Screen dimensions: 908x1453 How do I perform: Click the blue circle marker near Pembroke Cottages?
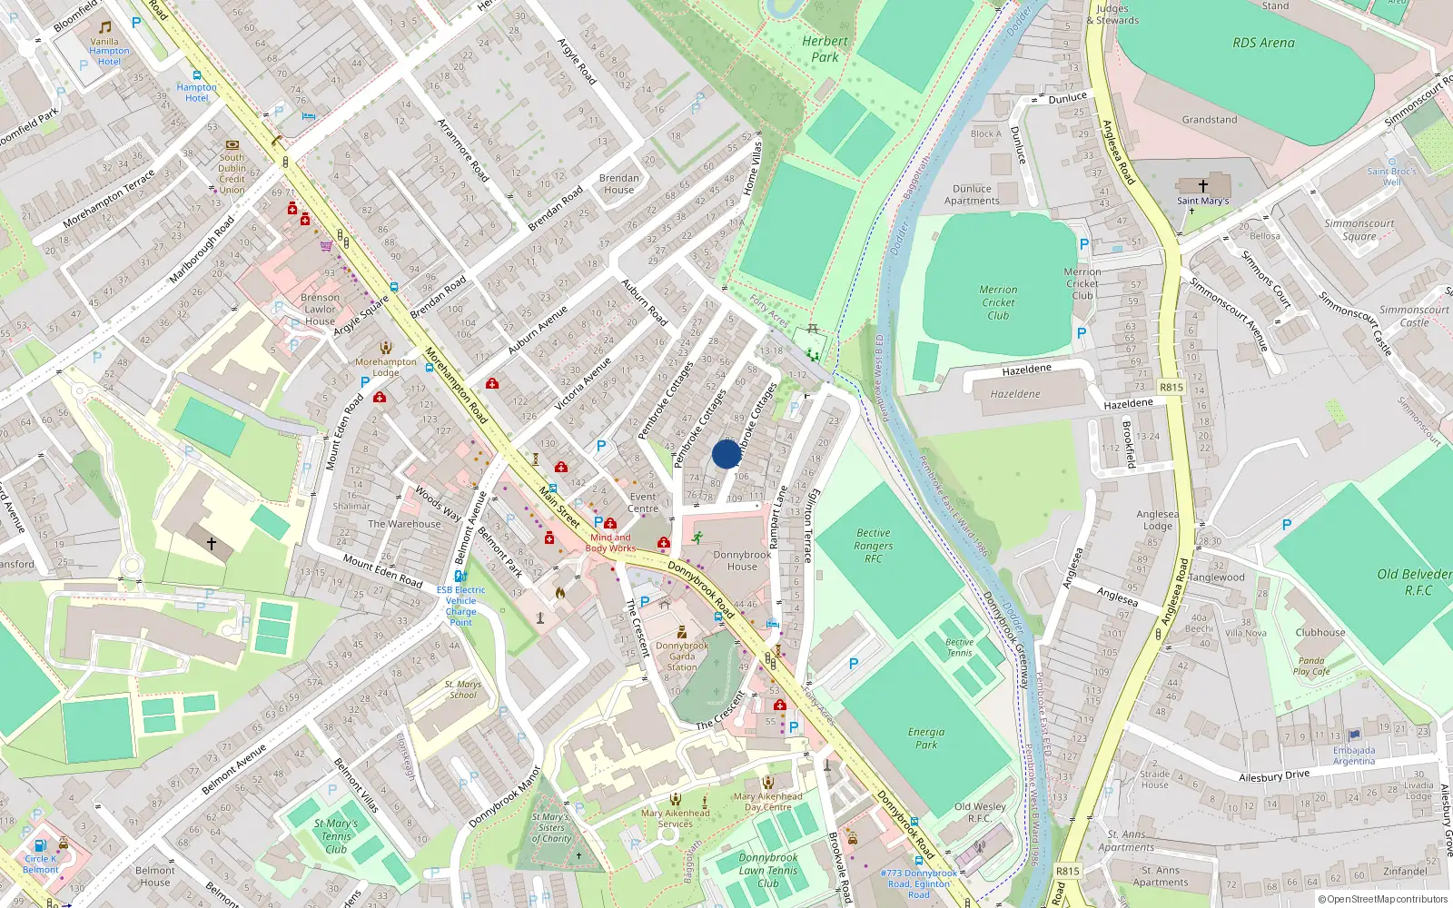tap(726, 454)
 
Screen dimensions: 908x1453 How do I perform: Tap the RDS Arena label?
tap(1263, 43)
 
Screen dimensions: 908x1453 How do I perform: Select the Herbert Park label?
tap(825, 49)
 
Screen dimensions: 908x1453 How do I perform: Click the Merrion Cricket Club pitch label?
tap(998, 302)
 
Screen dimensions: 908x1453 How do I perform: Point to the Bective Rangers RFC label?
tap(873, 546)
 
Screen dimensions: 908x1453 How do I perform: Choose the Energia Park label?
tap(925, 738)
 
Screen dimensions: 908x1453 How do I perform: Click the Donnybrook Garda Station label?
tap(682, 656)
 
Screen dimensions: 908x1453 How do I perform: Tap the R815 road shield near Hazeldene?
tap(1171, 387)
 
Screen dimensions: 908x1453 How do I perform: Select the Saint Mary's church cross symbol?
tap(1203, 185)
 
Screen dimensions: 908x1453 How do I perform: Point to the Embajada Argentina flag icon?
tap(1355, 735)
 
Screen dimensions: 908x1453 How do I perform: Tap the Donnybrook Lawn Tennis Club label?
tap(768, 870)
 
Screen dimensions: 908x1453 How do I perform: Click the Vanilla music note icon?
tap(104, 27)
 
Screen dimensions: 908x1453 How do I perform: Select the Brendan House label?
tap(618, 183)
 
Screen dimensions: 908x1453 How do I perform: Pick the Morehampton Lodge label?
tap(385, 367)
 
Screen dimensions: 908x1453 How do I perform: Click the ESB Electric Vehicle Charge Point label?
tap(460, 606)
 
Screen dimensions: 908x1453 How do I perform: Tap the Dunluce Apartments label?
tap(972, 195)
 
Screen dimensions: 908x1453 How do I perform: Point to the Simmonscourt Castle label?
tap(1414, 316)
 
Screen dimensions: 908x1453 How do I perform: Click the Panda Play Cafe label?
tap(1311, 666)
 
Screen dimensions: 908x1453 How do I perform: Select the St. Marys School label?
tap(462, 689)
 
